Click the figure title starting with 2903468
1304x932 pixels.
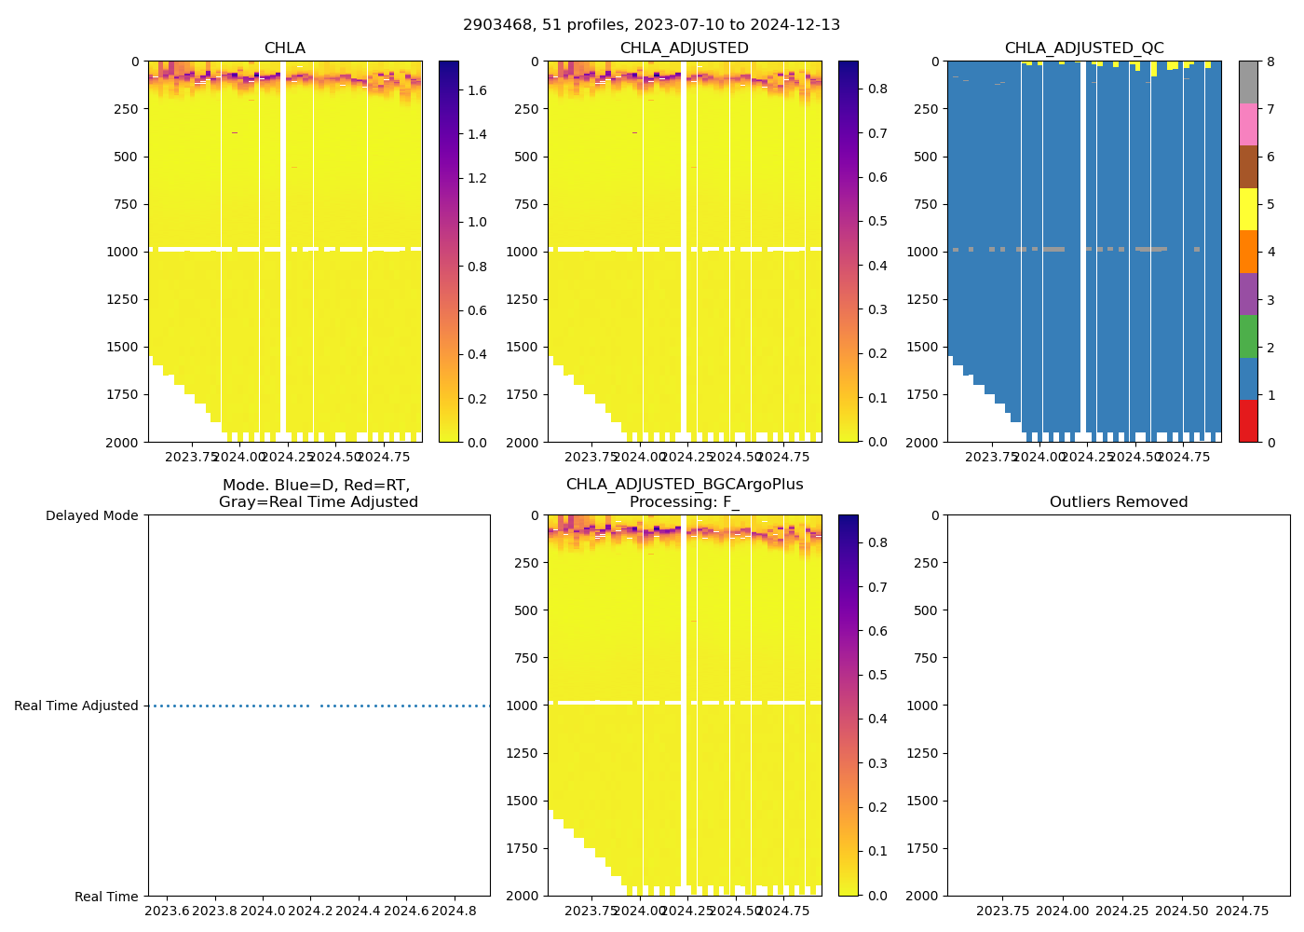pyautogui.click(x=651, y=25)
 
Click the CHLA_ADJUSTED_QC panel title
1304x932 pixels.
pyautogui.click(x=1083, y=48)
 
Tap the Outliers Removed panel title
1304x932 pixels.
pyautogui.click(x=1118, y=502)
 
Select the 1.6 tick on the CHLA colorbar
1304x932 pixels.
pyautogui.click(x=477, y=90)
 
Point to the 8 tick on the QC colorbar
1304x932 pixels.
pyautogui.click(x=1270, y=62)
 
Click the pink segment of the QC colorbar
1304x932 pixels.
pyautogui.click(x=1247, y=125)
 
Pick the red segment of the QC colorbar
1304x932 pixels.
pyautogui.click(x=1247, y=420)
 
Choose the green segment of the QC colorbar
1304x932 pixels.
pyautogui.click(x=1247, y=336)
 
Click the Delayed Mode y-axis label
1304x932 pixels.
pyautogui.click(x=91, y=516)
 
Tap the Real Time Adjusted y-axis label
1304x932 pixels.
pyautogui.click(x=76, y=706)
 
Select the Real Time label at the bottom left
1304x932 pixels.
pyautogui.click(x=106, y=897)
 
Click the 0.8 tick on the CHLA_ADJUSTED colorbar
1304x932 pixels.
pyautogui.click(x=877, y=89)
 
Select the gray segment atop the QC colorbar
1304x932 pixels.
pyautogui.click(x=1247, y=82)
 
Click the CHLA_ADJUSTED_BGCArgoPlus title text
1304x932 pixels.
pyautogui.click(x=684, y=485)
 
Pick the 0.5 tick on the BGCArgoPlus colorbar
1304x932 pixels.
pyautogui.click(x=877, y=676)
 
